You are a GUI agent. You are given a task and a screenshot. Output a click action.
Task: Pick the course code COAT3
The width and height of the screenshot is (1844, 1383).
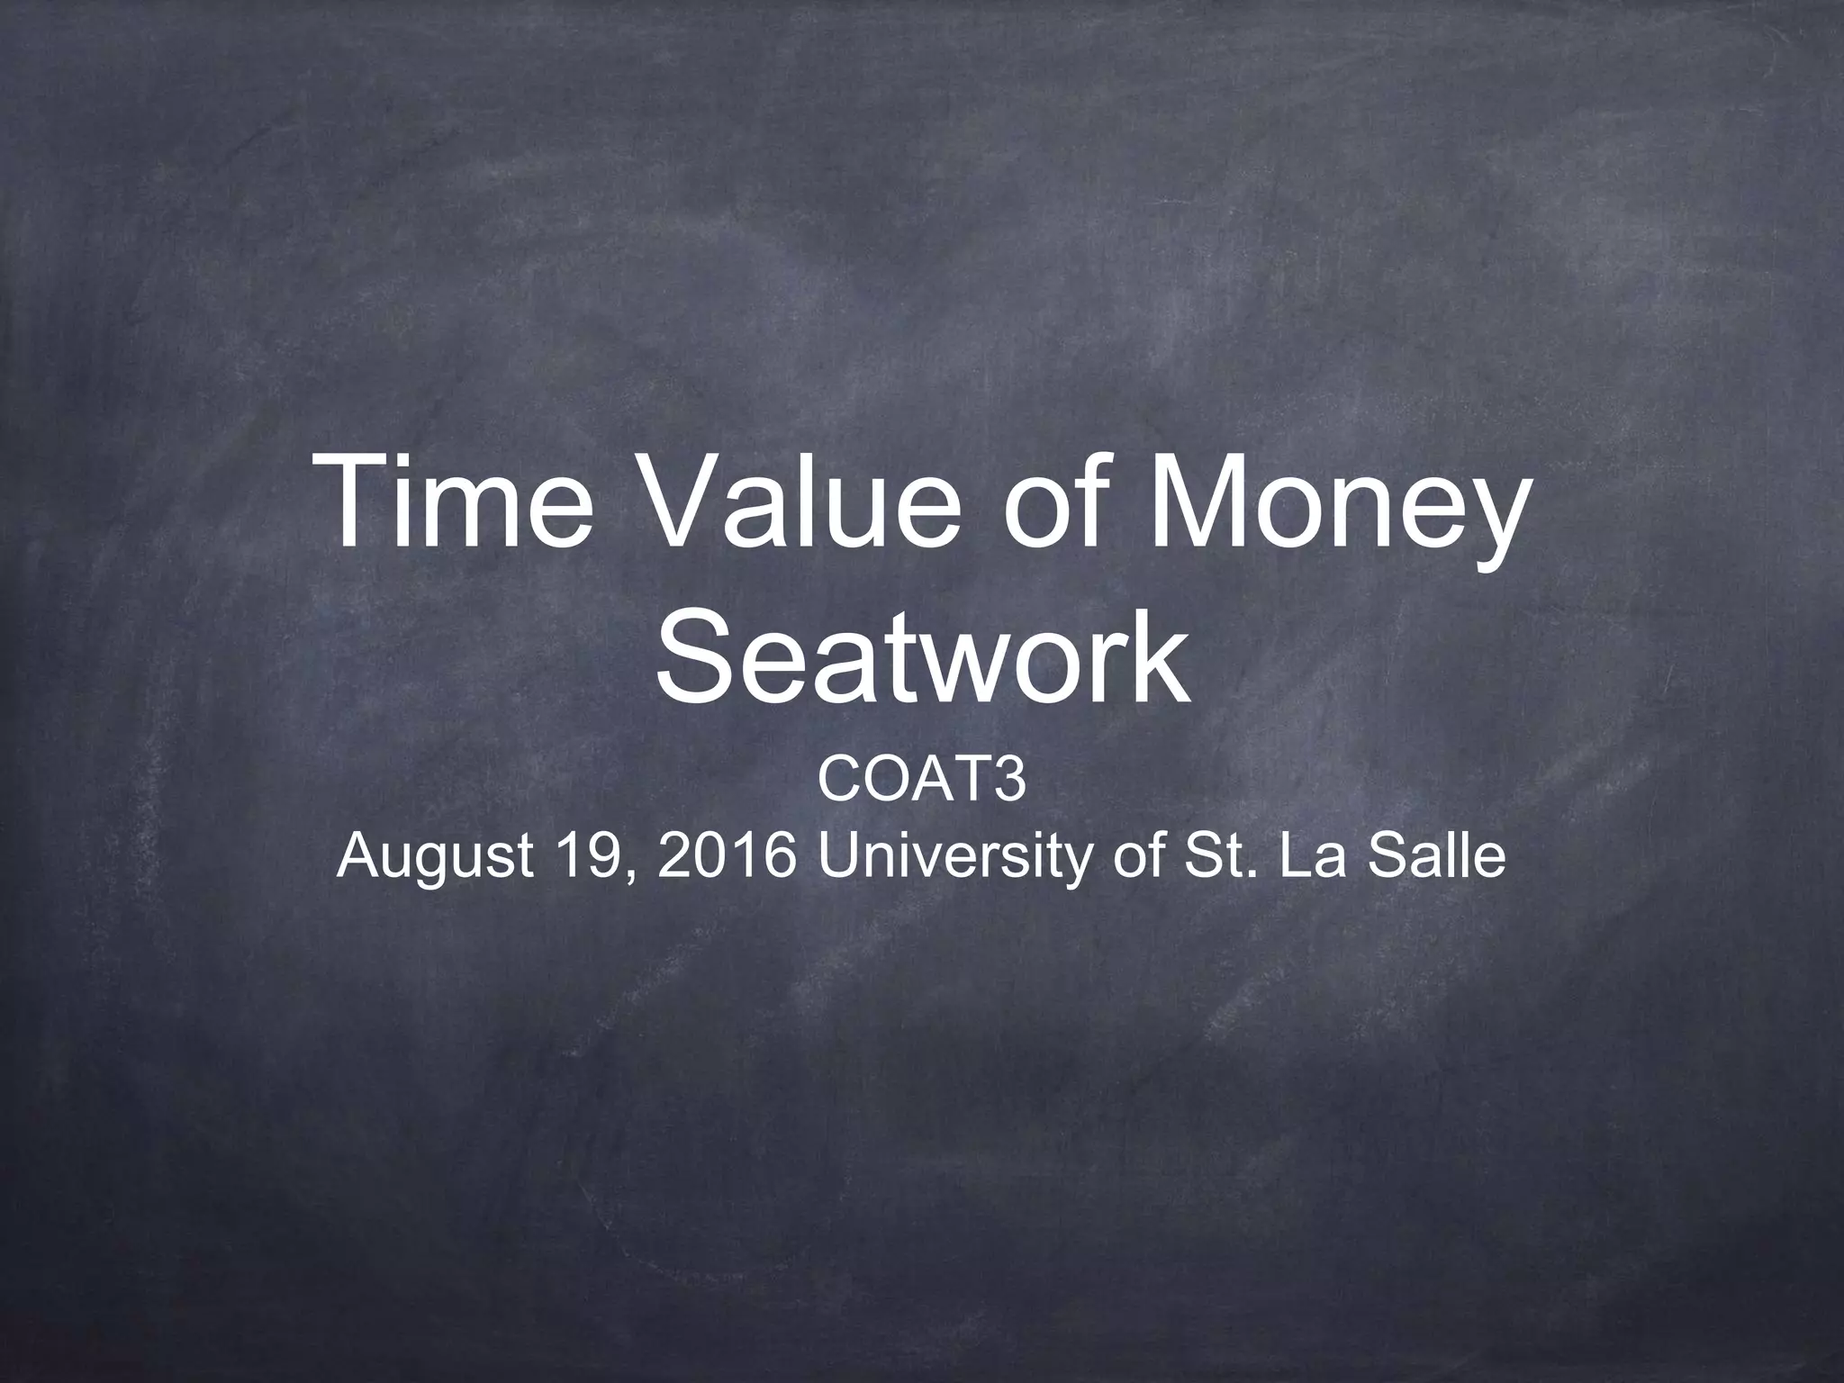coord(921,782)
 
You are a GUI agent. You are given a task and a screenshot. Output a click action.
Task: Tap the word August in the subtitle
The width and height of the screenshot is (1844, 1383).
coord(434,860)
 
